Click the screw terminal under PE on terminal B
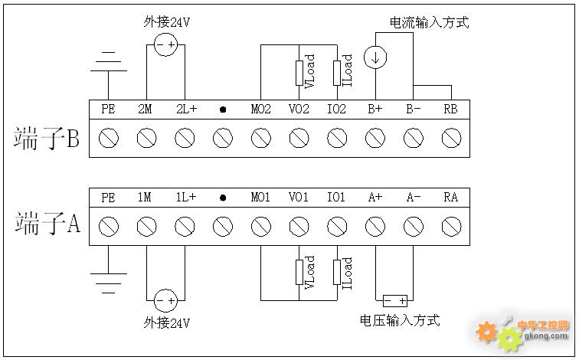[108, 138]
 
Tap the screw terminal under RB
[451, 138]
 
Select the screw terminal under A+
[375, 226]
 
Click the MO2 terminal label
[261, 110]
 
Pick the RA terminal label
[451, 198]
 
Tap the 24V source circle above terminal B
[165, 47]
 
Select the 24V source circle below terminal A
[165, 299]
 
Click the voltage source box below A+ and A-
[394, 300]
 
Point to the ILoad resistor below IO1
[337, 272]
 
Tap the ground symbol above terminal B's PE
[108, 61]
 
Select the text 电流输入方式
[430, 23]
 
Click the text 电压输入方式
[400, 320]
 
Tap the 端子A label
[47, 224]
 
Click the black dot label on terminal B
[223, 110]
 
